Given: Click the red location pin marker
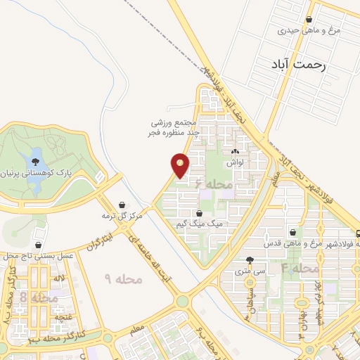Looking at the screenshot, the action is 181,165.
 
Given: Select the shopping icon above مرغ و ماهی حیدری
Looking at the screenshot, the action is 310,20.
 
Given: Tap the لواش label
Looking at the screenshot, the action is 234,162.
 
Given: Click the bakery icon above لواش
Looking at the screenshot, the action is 235,151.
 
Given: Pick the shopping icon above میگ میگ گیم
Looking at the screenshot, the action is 200,212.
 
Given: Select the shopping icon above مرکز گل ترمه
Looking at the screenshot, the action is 123,205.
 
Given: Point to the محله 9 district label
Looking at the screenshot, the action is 124,279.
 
